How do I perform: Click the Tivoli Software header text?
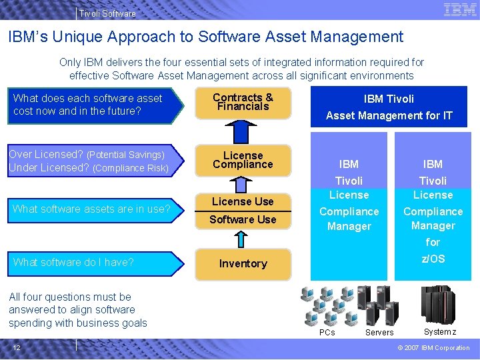(107, 13)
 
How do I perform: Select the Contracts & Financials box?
(243, 103)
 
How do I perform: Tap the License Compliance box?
(243, 161)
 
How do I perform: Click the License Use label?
(243, 201)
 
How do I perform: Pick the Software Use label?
(243, 219)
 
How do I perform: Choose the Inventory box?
(243, 264)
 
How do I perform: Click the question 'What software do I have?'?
(73, 262)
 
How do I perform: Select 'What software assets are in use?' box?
(92, 209)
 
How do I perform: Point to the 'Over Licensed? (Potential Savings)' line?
(87, 155)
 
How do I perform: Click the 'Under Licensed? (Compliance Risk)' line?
(89, 168)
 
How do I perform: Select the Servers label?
(379, 333)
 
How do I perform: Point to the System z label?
(440, 332)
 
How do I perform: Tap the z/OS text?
(433, 259)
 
